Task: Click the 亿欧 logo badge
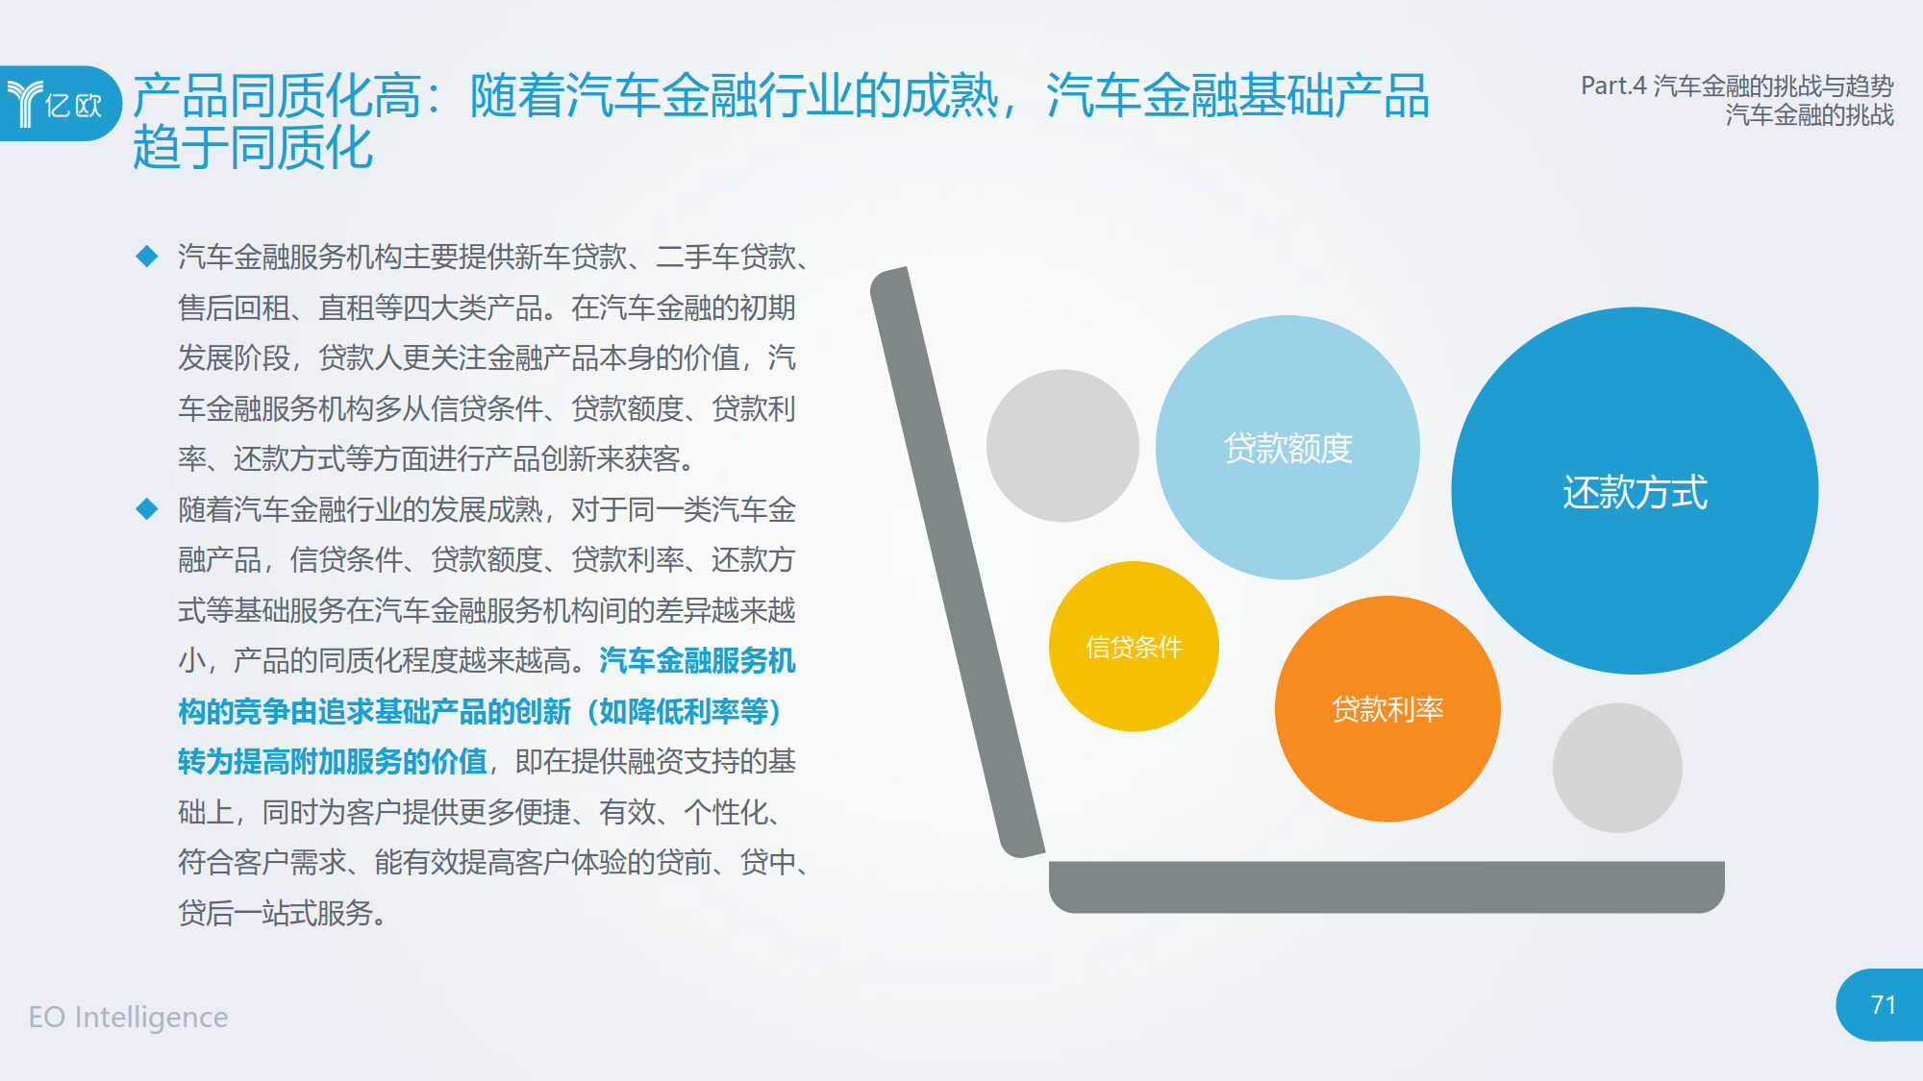tap(60, 103)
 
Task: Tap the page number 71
tap(1883, 1005)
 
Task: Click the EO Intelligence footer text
tap(129, 1017)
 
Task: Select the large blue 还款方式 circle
tap(1635, 490)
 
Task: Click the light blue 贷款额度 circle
tap(1287, 447)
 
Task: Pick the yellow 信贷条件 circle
tap(1134, 646)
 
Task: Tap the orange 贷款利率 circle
tap(1387, 708)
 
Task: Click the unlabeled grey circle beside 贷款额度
tap(1062, 446)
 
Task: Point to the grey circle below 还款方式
tap(1617, 768)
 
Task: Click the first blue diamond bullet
tap(147, 256)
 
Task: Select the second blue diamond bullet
tap(147, 508)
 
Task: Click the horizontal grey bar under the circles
tap(1386, 886)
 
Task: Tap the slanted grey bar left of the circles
tap(957, 562)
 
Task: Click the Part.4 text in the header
tap(1613, 86)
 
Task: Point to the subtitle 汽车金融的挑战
tap(1810, 115)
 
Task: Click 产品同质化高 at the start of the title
tap(277, 96)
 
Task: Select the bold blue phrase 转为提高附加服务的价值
tap(333, 762)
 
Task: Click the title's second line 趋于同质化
tap(253, 148)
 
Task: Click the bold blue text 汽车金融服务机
tap(698, 661)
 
